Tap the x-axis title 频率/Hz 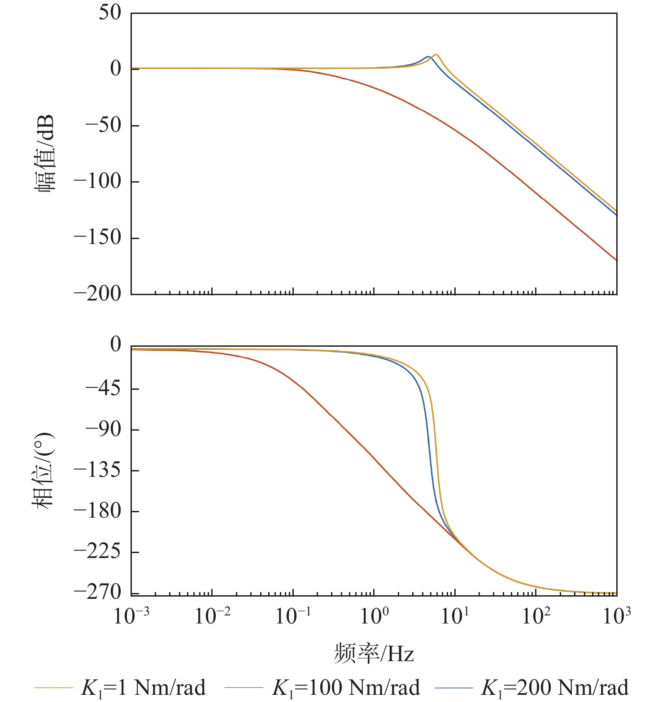374,654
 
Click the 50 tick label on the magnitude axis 110,13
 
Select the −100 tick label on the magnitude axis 98,181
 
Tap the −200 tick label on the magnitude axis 98,294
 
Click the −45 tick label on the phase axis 104,388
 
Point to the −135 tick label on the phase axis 98,470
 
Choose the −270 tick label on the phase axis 98,592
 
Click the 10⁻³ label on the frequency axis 131,616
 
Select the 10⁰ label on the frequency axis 374,616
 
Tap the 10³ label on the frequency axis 616,616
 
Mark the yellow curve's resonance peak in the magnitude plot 435,55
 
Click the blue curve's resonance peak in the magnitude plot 428,57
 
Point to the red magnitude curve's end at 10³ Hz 616,260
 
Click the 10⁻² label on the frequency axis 212,616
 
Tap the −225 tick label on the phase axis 98,552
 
